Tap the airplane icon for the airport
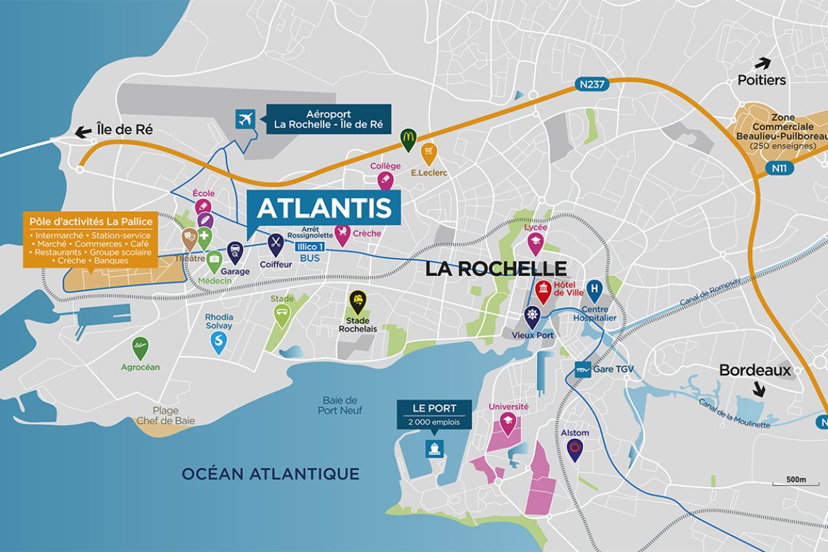(x=244, y=119)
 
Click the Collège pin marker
(x=385, y=181)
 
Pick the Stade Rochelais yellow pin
(x=357, y=300)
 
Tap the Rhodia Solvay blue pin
(x=219, y=341)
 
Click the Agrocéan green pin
(x=140, y=346)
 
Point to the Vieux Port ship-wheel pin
(x=531, y=315)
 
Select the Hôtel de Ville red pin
(x=544, y=290)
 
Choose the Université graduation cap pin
(x=509, y=423)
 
